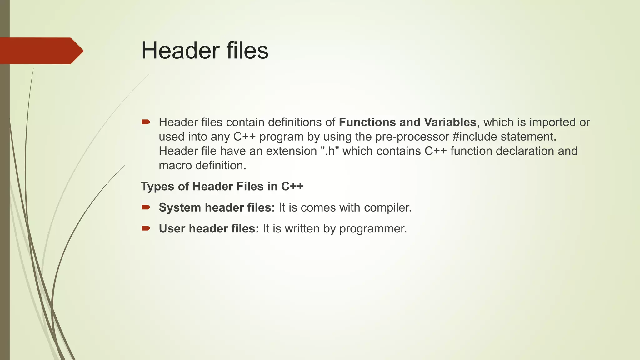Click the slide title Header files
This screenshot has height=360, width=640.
click(205, 50)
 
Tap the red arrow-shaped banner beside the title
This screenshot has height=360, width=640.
click(41, 51)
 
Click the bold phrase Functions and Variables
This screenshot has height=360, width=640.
click(407, 122)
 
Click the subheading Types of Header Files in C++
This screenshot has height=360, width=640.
click(222, 186)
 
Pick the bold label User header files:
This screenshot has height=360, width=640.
click(209, 228)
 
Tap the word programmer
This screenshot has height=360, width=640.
click(373, 228)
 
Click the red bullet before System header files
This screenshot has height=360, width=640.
click(146, 207)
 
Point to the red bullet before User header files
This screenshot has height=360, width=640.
click(146, 228)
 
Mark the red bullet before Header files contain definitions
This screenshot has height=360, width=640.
click(146, 122)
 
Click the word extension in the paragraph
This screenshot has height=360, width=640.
click(291, 151)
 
